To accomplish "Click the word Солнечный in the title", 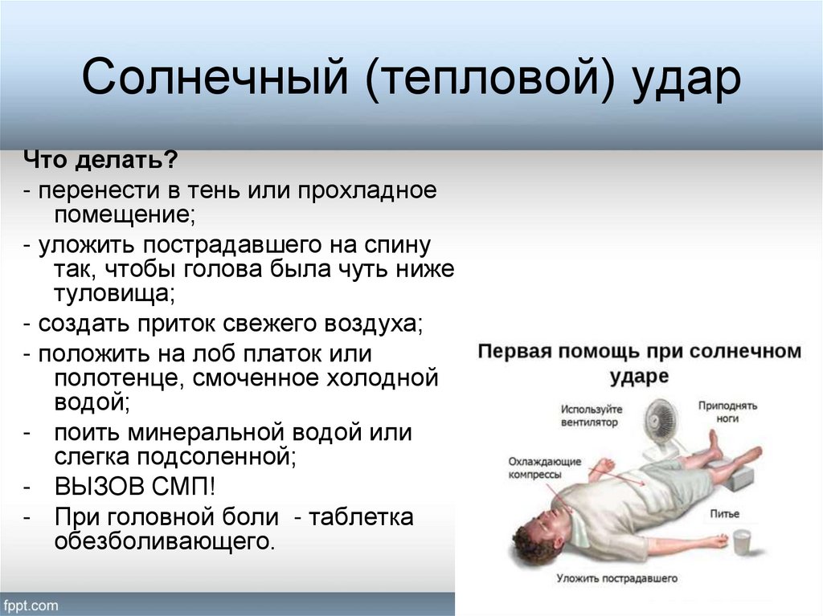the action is tap(215, 76).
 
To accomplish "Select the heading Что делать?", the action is tap(100, 160).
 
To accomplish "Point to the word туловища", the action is tap(114, 293).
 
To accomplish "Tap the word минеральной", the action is tap(206, 433).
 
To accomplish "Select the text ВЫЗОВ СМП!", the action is tap(135, 487).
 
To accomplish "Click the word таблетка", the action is tap(361, 517).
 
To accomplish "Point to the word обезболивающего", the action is tap(164, 541).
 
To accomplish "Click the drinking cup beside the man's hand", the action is tap(741, 542).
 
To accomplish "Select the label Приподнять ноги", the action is tap(727, 412).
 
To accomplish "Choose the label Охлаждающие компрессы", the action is tap(544, 468).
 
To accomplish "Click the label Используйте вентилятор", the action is tap(591, 415).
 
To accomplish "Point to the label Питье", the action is tap(724, 514).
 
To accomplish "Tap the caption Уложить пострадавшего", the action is tap(616, 578).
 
